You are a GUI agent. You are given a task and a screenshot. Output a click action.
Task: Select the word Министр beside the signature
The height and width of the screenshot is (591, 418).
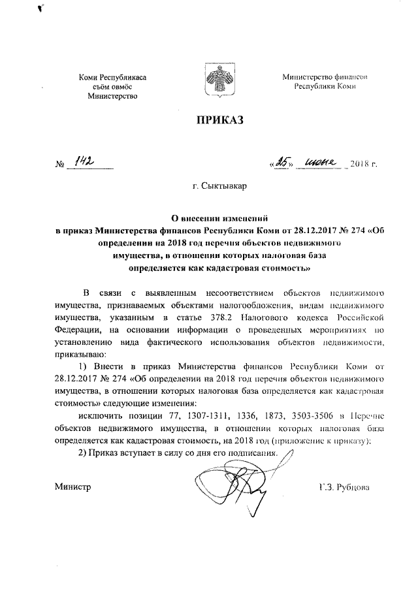point(72,487)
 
